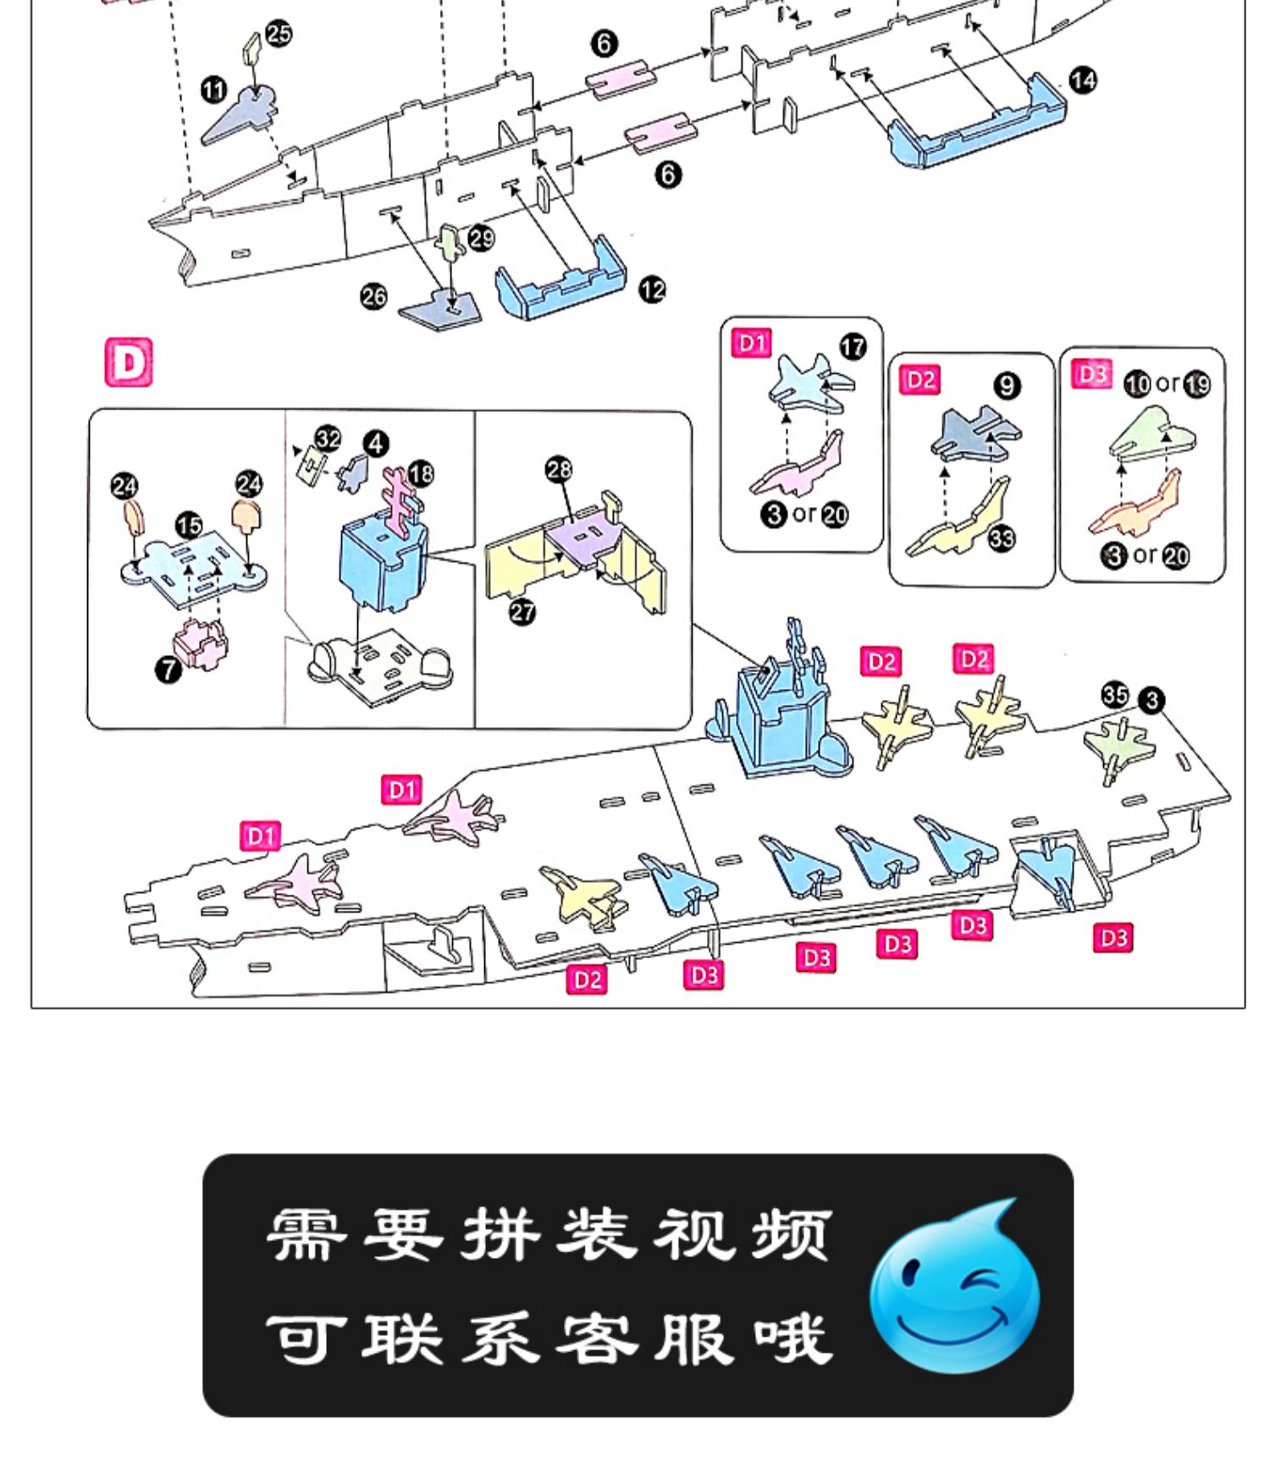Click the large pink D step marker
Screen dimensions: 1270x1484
coord(129,362)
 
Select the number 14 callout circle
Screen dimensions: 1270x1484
coord(1083,80)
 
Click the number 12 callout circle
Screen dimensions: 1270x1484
coord(652,290)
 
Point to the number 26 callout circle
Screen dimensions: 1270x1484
coord(373,296)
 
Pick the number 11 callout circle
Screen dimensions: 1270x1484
coord(214,89)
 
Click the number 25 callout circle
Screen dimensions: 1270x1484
coord(279,34)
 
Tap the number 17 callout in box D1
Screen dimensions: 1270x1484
coord(853,346)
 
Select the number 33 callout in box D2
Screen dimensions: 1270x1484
coord(1002,538)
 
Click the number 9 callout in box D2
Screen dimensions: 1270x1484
coord(1007,386)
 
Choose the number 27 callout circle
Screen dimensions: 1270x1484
coord(522,611)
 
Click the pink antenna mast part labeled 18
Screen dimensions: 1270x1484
coord(401,503)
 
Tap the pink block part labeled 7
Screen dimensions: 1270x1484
coord(201,643)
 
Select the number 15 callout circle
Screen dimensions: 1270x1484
coord(189,526)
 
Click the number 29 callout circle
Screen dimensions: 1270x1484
coord(482,238)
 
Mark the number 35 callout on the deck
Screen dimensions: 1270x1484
coord(1115,695)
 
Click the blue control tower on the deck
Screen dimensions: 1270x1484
coord(779,711)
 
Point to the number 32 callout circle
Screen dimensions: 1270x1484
coord(329,439)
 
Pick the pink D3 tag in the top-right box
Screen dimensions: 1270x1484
coord(1092,373)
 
